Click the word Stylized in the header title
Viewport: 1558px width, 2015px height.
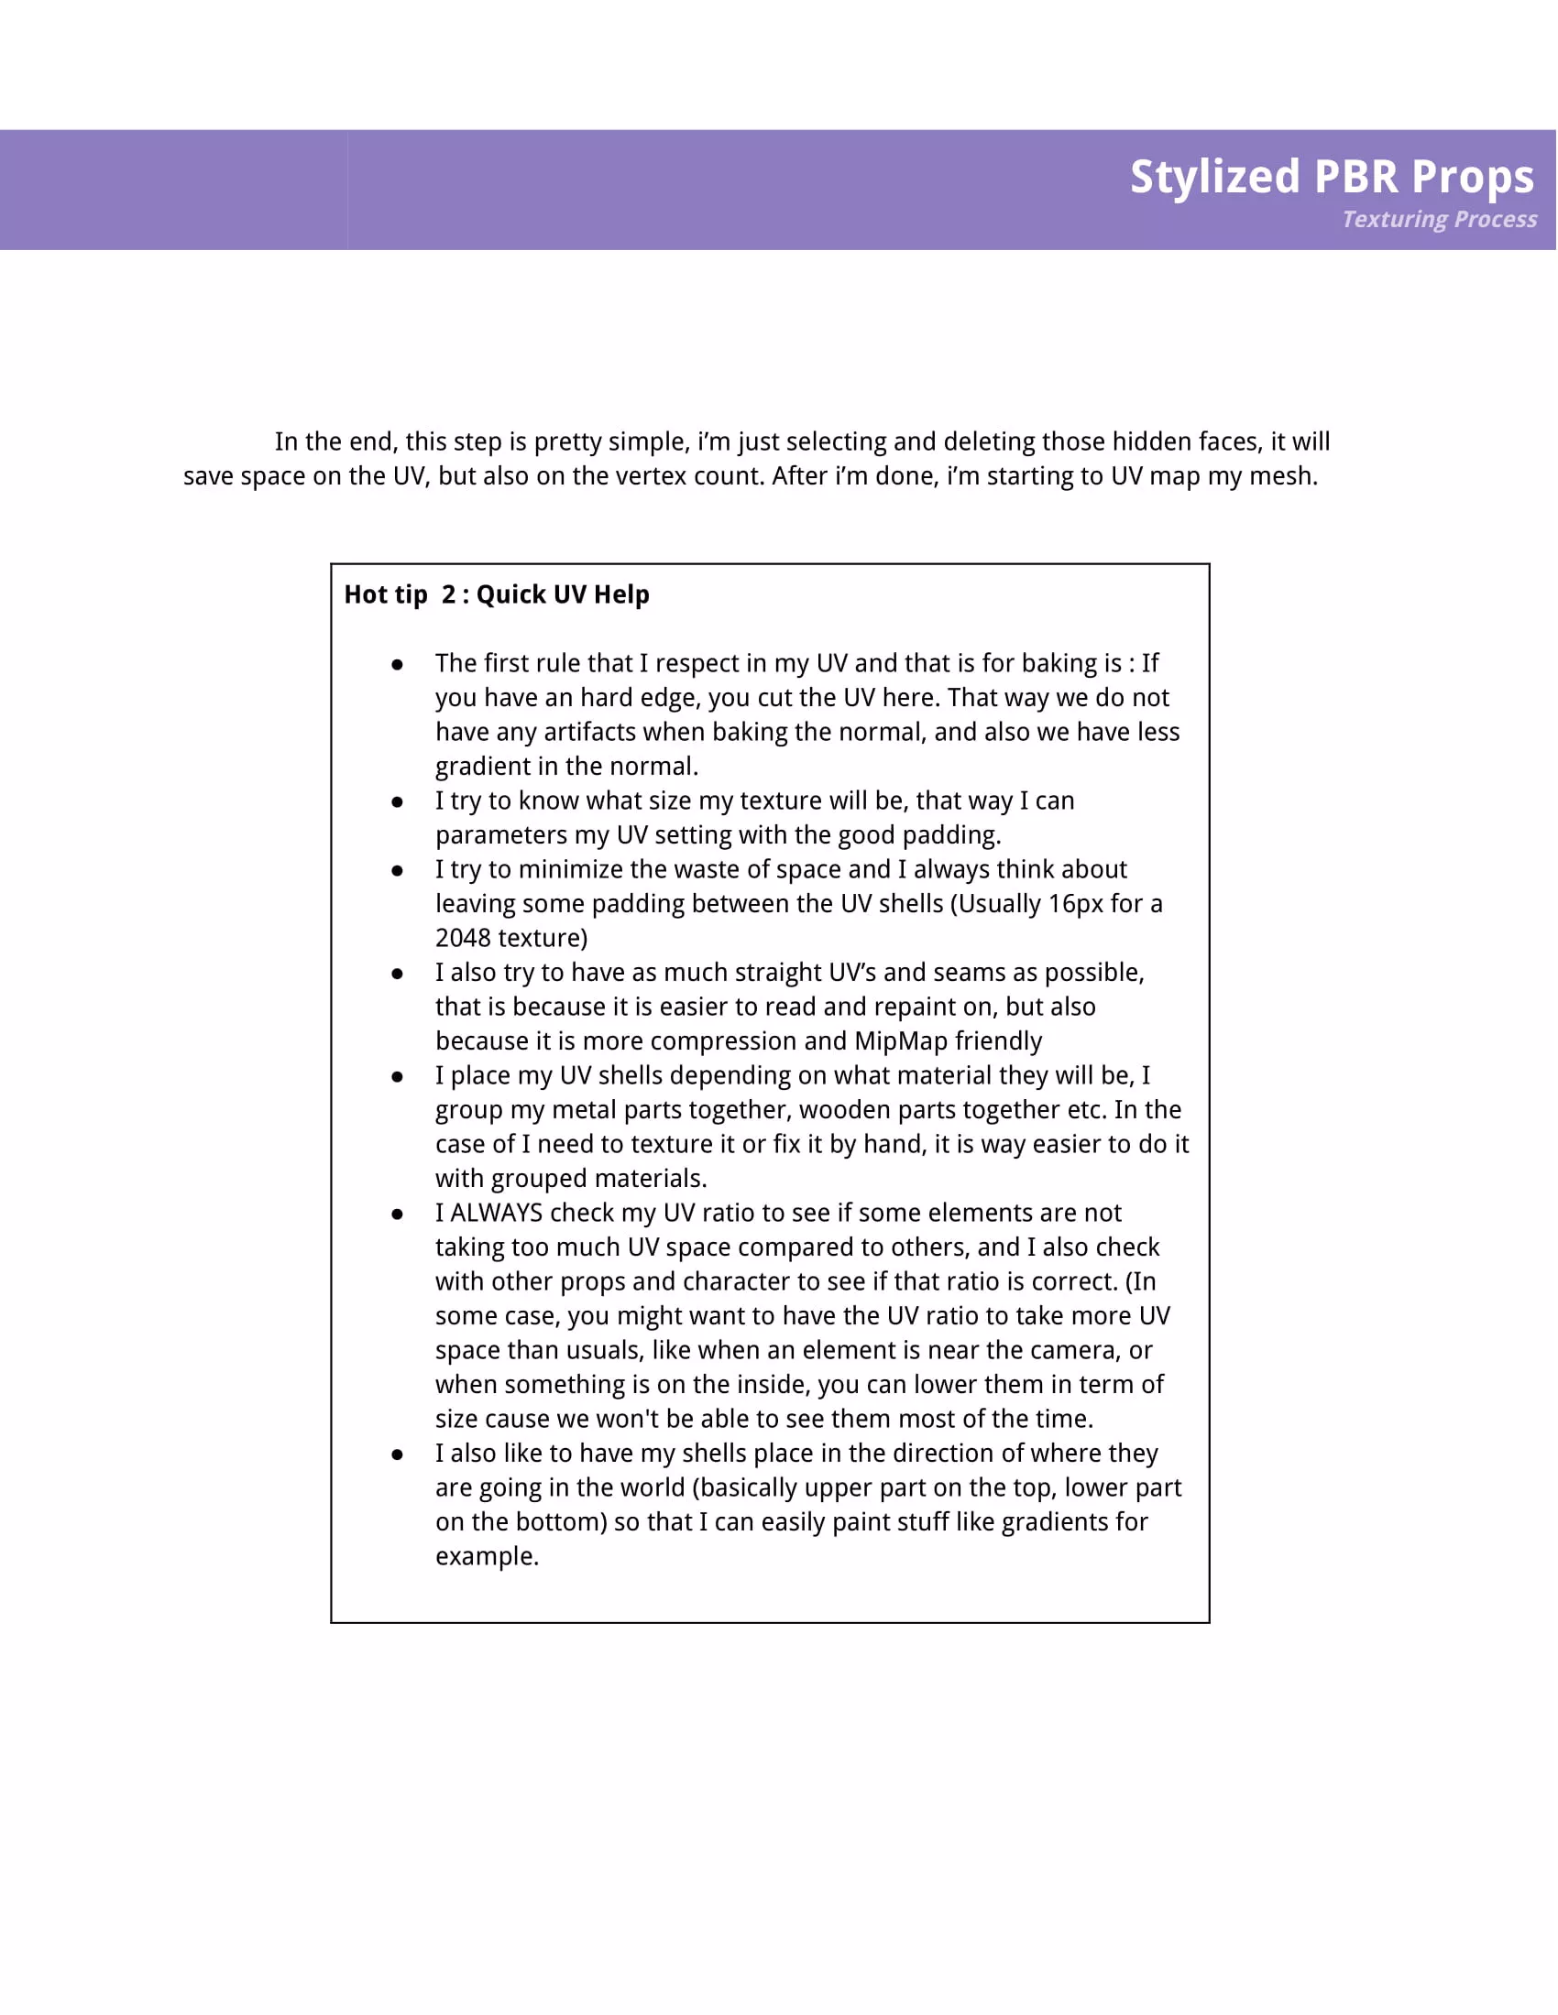tap(1214, 177)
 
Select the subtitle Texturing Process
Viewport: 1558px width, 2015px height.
tap(1439, 220)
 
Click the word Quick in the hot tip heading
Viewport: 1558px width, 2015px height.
tap(510, 595)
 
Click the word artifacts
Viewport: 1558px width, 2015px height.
tap(590, 732)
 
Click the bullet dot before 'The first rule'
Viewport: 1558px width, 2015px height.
tap(397, 664)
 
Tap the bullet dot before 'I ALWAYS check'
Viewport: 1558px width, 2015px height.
tap(397, 1214)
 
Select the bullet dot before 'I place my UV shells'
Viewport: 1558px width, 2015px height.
tap(397, 1077)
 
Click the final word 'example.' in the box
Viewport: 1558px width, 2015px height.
tap(487, 1557)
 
